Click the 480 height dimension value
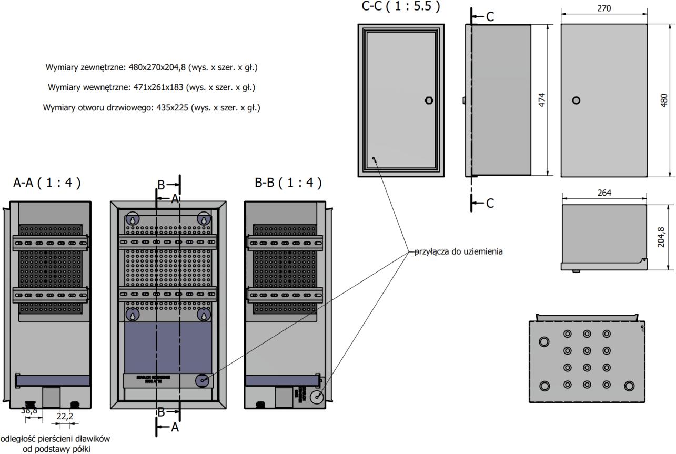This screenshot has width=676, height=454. (664, 100)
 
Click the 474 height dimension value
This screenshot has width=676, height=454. (542, 100)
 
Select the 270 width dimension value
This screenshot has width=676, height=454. (604, 9)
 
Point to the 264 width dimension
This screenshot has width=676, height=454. (604, 193)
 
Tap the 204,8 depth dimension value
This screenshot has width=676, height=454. (661, 237)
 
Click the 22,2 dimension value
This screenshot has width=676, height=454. (65, 416)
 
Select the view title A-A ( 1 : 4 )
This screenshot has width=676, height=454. (47, 183)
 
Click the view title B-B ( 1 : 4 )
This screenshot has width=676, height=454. (288, 183)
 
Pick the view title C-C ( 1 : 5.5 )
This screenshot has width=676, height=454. (400, 6)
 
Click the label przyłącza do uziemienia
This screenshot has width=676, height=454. (458, 251)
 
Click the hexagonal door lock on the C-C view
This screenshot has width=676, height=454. (428, 100)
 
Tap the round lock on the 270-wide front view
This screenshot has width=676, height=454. (576, 100)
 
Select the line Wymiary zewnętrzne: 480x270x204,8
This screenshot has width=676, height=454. (152, 67)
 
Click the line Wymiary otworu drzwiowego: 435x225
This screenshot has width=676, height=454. (152, 107)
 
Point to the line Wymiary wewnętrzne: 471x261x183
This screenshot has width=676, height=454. (152, 87)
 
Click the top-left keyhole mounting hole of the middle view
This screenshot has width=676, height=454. (133, 218)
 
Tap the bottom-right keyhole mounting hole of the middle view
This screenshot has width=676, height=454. (204, 315)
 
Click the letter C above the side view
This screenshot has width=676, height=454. (490, 17)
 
